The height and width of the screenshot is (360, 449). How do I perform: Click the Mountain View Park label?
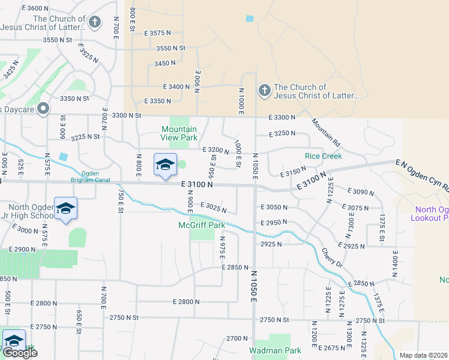(179, 133)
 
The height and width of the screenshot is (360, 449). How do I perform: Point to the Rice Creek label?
(323, 156)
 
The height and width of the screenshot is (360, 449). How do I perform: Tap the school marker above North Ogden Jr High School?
(65, 209)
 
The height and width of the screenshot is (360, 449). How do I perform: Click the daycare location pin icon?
(43, 109)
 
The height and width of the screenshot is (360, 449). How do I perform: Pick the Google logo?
(20, 353)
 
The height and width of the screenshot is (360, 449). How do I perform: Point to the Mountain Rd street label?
(325, 133)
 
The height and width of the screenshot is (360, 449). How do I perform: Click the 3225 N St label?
(85, 137)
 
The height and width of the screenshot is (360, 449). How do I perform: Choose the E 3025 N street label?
(214, 208)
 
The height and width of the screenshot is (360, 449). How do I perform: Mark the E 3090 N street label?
(361, 193)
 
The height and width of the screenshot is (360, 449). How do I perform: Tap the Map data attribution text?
(423, 355)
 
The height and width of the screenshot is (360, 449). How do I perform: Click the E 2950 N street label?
(273, 223)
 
